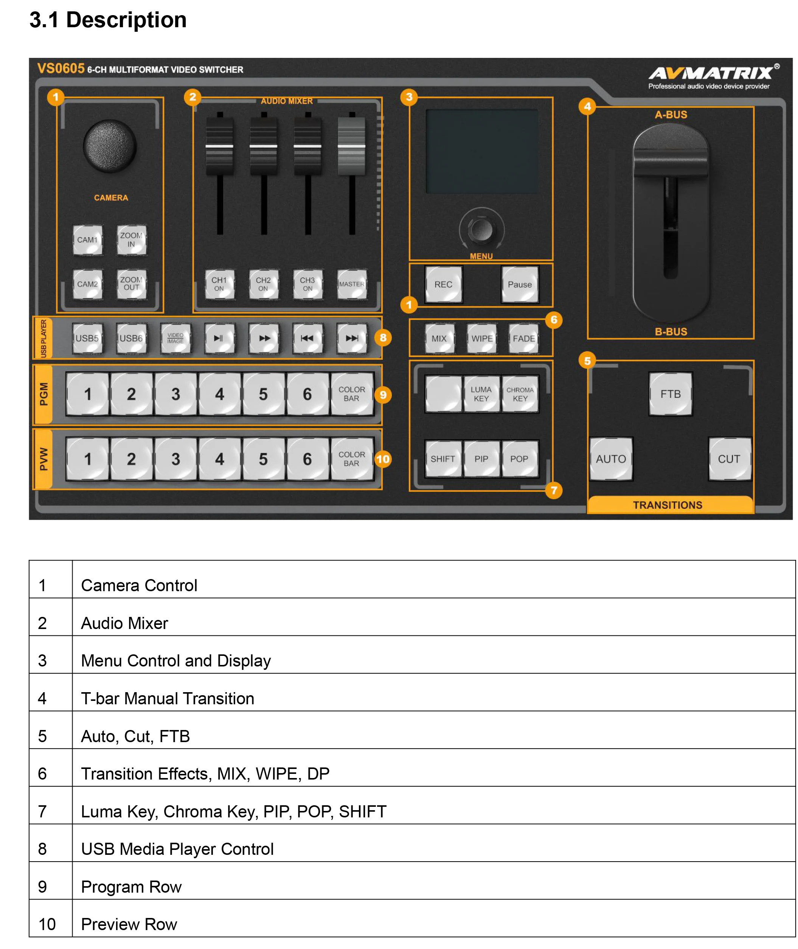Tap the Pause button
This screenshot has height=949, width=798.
[x=519, y=284]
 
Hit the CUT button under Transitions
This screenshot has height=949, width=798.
[x=729, y=459]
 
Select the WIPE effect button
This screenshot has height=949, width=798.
[x=482, y=339]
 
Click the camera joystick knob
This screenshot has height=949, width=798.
[x=110, y=146]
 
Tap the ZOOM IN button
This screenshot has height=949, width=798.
[x=131, y=240]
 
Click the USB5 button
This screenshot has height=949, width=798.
[x=87, y=339]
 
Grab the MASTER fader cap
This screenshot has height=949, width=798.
[x=351, y=146]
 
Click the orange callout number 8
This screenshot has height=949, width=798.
[x=383, y=337]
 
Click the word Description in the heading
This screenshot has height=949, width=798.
[x=126, y=20]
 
